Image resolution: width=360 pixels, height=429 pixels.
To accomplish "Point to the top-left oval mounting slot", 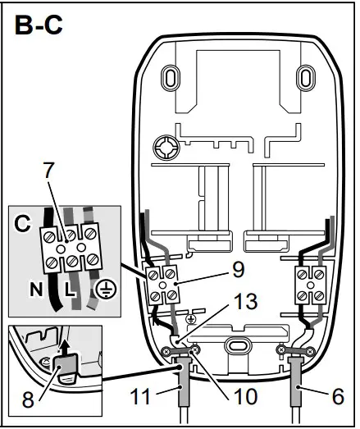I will tap(169, 78).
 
